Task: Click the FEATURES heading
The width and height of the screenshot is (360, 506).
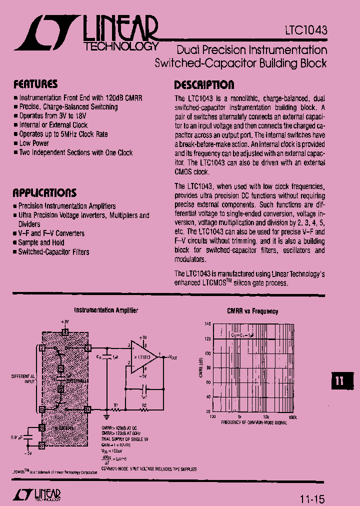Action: (35, 84)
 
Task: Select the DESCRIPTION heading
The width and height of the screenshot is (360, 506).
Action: (203, 84)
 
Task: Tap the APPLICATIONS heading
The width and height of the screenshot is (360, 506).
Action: (44, 193)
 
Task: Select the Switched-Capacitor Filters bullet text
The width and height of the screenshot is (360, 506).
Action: (53, 252)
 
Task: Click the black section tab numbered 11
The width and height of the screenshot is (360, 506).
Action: (339, 380)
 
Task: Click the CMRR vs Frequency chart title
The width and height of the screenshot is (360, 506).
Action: (252, 311)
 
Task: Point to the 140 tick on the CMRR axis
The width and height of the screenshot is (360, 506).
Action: (207, 324)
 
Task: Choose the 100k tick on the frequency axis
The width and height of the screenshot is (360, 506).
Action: (292, 416)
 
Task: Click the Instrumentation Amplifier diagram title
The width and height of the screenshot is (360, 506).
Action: (106, 310)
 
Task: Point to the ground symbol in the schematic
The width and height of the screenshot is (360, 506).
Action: (106, 415)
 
